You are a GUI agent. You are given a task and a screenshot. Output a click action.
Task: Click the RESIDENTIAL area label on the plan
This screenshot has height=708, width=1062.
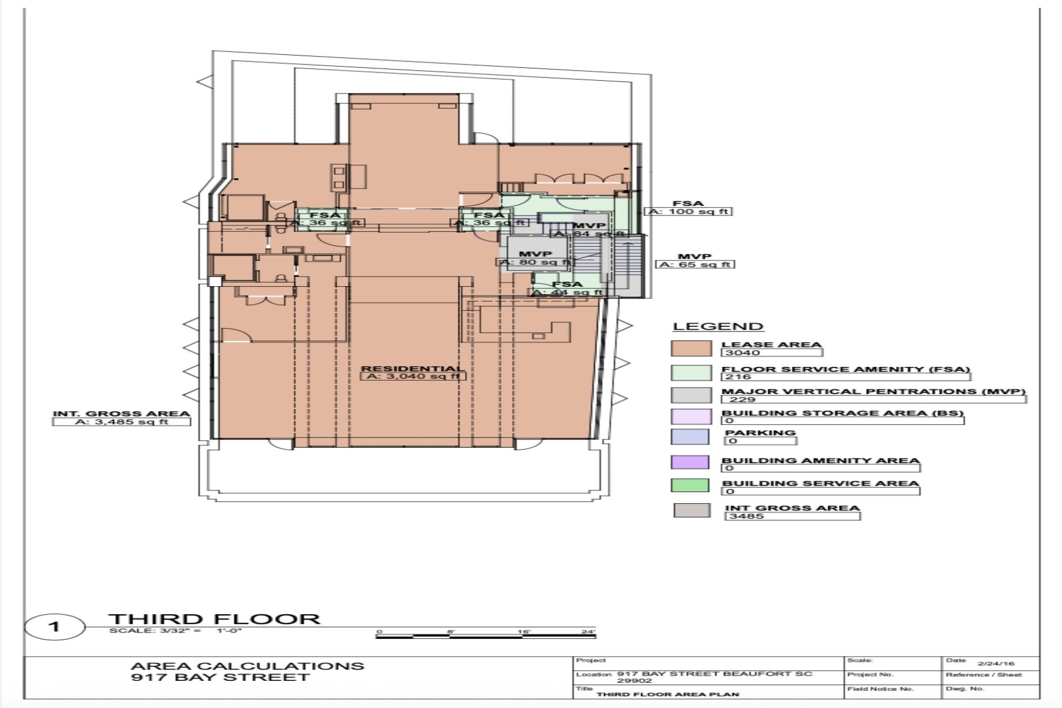[x=412, y=369]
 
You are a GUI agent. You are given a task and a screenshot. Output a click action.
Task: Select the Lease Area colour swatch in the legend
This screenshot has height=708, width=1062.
[x=691, y=348]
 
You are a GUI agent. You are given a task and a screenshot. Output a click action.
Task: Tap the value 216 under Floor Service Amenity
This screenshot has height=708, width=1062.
[x=738, y=376]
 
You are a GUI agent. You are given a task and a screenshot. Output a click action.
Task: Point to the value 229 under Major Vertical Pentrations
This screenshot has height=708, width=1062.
[x=742, y=399]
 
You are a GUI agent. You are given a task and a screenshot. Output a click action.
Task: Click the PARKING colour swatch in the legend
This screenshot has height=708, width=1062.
[x=690, y=437]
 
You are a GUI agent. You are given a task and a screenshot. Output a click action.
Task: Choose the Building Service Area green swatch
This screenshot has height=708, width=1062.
[x=690, y=485]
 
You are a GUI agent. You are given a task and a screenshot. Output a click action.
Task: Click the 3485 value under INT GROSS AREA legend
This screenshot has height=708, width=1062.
[x=747, y=516]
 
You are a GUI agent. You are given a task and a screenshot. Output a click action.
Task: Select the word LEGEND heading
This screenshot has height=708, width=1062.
[x=718, y=326]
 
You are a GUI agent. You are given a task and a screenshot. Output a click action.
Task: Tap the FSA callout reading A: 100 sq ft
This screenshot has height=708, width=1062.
[x=688, y=211]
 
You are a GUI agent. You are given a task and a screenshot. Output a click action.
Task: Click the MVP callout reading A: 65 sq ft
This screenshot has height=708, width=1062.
[x=695, y=264]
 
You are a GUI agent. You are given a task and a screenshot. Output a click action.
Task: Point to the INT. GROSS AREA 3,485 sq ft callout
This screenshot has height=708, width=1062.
[x=122, y=421]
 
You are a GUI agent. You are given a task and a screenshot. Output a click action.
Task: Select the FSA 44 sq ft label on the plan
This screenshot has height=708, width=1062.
[x=568, y=288]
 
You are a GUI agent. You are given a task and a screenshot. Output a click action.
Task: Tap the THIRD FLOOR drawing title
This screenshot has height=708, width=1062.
[x=214, y=619]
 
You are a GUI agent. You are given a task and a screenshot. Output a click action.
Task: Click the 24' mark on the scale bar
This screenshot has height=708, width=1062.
[x=588, y=632]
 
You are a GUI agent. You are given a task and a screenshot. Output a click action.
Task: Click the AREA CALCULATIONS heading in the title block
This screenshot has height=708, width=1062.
[x=247, y=666]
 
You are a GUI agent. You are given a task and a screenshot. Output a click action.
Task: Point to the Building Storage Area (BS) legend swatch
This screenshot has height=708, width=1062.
[x=691, y=416]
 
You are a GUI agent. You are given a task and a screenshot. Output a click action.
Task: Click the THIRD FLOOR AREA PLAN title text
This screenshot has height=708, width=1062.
[x=667, y=694]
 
